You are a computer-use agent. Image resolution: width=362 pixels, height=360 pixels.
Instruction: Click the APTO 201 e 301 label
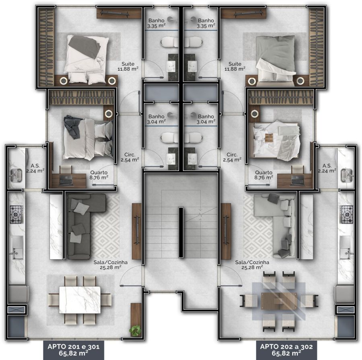point(74,350)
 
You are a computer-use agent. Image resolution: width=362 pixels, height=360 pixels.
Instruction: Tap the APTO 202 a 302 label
point(286,350)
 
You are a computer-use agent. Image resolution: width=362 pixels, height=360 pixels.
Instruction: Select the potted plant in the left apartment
point(135,331)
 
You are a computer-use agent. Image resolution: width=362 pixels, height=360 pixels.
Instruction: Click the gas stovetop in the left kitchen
point(16,215)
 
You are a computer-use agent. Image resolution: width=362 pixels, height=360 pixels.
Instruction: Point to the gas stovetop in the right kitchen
point(346,215)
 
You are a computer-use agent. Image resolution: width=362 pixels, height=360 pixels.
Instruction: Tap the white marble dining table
point(80,300)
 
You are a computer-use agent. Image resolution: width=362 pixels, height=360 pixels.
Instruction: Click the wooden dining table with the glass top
point(279,301)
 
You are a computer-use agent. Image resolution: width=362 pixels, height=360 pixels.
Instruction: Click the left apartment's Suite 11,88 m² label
point(128,66)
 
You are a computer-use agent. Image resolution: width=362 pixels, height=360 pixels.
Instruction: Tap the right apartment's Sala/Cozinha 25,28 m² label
point(252,265)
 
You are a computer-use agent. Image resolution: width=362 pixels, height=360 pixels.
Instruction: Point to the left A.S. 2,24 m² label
point(35,168)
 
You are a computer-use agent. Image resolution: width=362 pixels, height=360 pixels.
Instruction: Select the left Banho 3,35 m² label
point(156,23)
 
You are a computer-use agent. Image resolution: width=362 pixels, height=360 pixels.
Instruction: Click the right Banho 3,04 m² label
point(206,119)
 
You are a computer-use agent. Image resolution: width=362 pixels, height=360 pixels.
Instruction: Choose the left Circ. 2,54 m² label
point(130,157)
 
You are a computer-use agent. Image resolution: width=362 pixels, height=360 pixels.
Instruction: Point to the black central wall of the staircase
point(181,232)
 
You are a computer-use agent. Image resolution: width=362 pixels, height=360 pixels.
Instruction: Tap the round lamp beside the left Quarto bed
point(109,113)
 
